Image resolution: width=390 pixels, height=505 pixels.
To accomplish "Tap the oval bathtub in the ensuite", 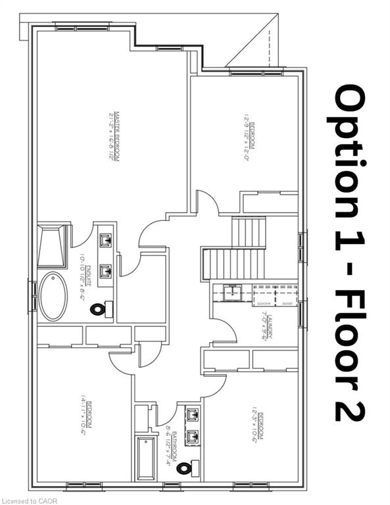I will coord(53,297).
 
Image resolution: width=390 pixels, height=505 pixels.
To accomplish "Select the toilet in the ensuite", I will coord(100,308).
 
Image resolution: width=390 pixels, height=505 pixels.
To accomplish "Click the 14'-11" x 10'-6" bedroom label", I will coord(85,421).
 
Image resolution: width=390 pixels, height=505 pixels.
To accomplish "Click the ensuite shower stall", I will coord(52,244).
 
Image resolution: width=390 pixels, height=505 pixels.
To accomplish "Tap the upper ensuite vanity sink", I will coord(105,240).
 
